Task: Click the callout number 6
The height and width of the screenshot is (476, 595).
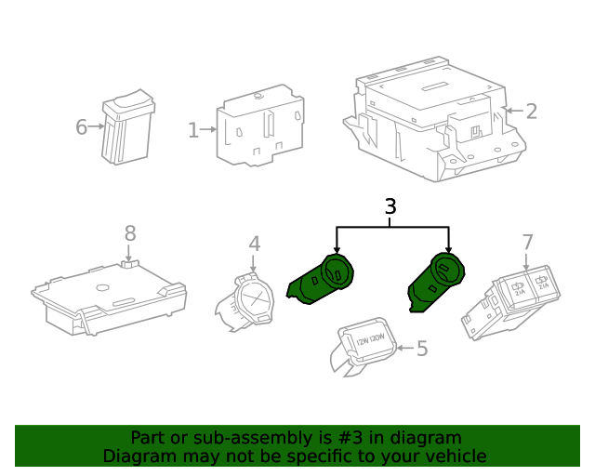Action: [x=81, y=126]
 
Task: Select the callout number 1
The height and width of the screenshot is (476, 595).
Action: [x=192, y=130]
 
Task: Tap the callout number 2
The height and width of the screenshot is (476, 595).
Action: [x=531, y=112]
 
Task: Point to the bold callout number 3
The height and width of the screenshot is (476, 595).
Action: [x=390, y=206]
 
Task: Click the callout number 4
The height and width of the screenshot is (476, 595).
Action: [x=254, y=244]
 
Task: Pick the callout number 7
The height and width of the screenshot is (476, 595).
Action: [x=527, y=243]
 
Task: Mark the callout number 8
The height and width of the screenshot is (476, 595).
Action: [x=130, y=232]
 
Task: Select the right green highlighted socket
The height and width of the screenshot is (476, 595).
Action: [x=437, y=281]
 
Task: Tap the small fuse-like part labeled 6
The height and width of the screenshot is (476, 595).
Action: [x=127, y=130]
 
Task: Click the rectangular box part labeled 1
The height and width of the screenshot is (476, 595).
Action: [x=260, y=127]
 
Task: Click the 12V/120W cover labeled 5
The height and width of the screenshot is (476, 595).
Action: [x=364, y=346]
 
